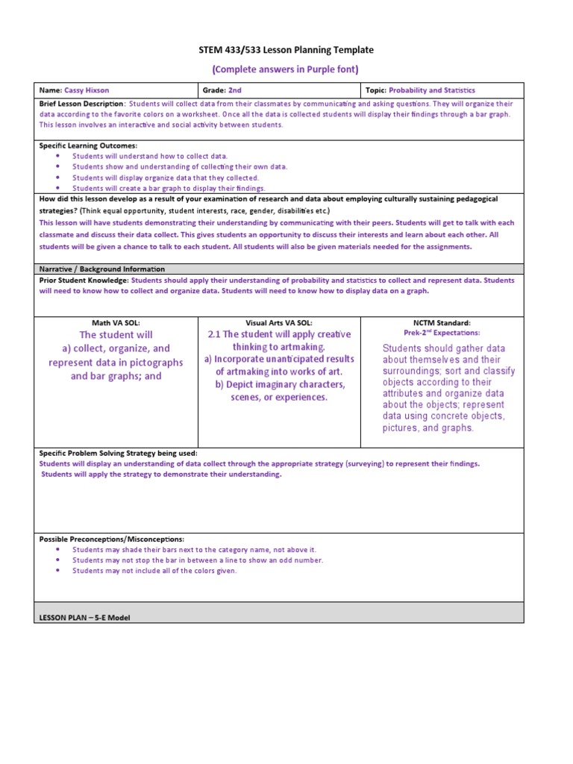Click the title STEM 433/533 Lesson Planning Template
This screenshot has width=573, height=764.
coord(286,50)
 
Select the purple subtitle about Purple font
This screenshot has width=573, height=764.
coord(286,69)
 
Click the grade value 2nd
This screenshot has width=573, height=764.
coord(235,90)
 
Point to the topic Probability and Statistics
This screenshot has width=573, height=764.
coord(432,90)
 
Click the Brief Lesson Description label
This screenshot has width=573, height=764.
coord(81,104)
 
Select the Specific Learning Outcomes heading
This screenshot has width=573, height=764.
coord(88,145)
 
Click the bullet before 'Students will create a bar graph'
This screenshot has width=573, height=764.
coord(57,189)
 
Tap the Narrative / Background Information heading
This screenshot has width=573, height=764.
coord(101,269)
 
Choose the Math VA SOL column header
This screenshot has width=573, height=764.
coord(116,322)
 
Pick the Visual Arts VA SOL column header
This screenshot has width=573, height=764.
coord(280,322)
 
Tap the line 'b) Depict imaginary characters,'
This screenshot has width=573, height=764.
coord(280,384)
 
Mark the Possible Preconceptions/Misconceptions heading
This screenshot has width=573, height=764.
coord(111,539)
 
